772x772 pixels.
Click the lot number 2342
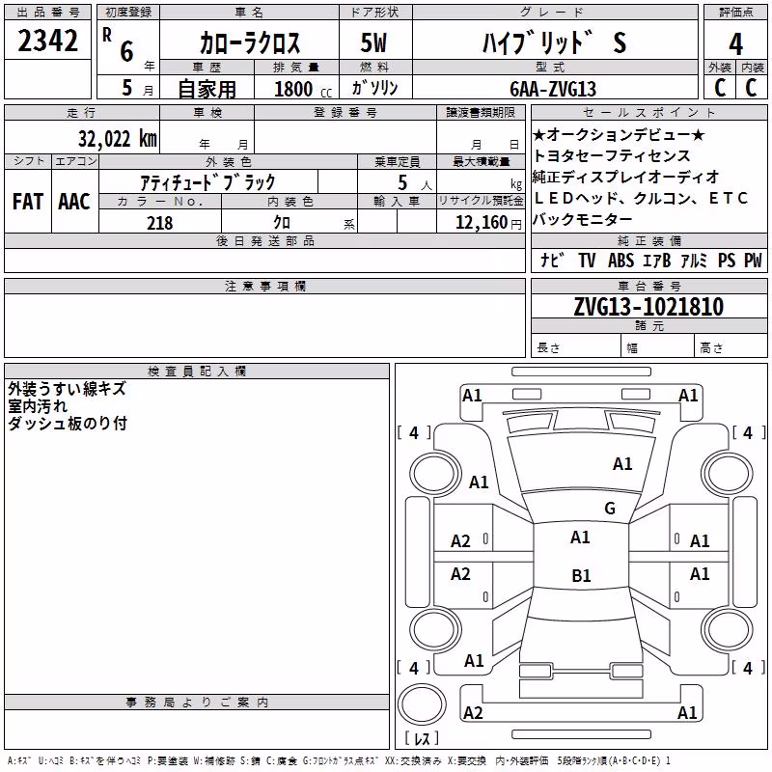47,41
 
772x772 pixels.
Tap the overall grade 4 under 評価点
735,44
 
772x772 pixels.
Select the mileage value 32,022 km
117,139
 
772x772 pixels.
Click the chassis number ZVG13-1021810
648,307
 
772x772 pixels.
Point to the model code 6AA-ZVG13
553,89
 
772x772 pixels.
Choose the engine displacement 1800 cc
303,89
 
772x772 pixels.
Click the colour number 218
159,223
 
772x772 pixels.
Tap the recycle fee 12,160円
488,223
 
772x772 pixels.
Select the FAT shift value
28,202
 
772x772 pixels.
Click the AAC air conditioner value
74,202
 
